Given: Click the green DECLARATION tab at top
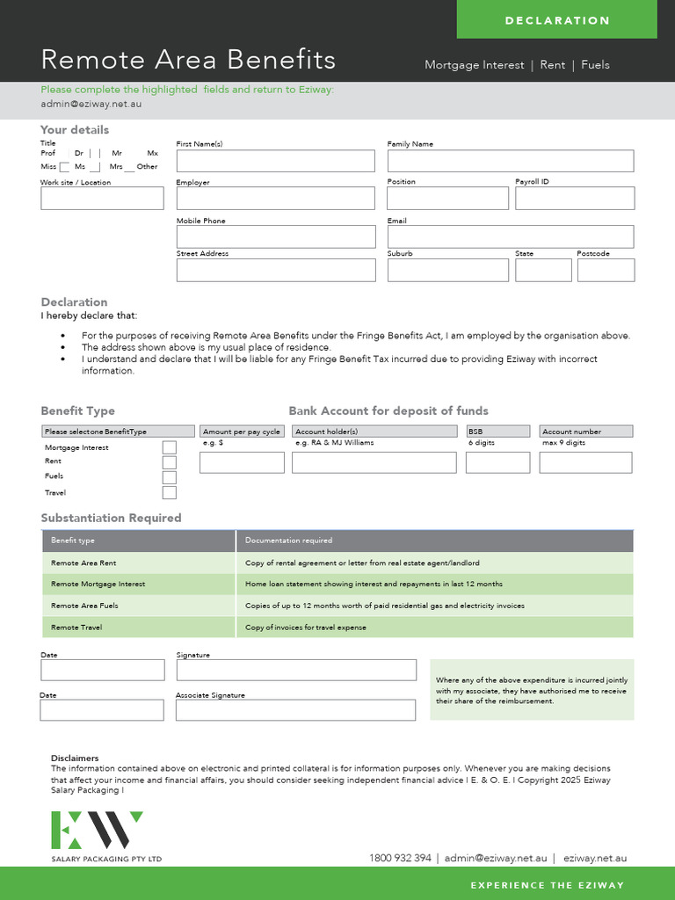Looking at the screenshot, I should [x=557, y=20].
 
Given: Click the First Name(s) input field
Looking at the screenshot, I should [x=275, y=161].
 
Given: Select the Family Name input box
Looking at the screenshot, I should [x=510, y=161].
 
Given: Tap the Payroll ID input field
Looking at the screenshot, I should [x=574, y=199].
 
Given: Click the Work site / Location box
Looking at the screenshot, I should [x=102, y=199].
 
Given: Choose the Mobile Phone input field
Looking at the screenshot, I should [x=275, y=236].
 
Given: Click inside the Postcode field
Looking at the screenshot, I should [x=606, y=270].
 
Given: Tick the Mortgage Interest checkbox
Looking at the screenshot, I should [x=170, y=447].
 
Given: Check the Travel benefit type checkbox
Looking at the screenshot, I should [x=170, y=492].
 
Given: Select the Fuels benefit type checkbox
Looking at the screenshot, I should [x=170, y=477].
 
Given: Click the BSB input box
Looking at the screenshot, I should [x=497, y=462].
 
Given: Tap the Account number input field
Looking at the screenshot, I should [x=585, y=462].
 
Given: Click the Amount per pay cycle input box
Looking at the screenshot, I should [x=242, y=462].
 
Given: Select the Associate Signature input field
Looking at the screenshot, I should [x=295, y=710].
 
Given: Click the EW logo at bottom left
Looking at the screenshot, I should [x=97, y=831].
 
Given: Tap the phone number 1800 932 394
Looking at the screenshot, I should [x=400, y=858].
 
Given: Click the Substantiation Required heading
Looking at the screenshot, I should [x=111, y=518].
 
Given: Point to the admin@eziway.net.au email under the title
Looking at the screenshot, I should [x=91, y=104].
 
